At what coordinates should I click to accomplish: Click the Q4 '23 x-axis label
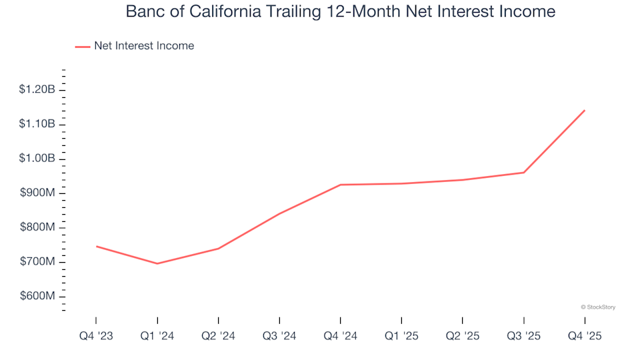[x=95, y=337]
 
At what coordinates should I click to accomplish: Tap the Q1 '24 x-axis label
[x=157, y=337]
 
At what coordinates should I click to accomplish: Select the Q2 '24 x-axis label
[x=218, y=337]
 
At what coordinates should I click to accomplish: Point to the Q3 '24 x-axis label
[x=279, y=337]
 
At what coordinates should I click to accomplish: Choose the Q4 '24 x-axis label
[x=340, y=337]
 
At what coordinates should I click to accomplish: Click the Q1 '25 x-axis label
[x=401, y=337]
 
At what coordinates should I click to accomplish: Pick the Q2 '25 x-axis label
[x=463, y=337]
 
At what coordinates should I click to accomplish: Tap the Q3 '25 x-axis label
[x=524, y=337]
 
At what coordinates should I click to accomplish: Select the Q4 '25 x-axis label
[x=585, y=337]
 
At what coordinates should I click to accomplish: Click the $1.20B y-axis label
[x=37, y=90]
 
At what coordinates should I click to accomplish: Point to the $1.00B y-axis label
[x=37, y=159]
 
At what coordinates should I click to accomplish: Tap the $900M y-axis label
[x=39, y=193]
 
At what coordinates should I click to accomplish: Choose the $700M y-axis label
[x=39, y=262]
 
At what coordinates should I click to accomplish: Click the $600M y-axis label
[x=39, y=296]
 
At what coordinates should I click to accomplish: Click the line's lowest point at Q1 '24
[x=157, y=263]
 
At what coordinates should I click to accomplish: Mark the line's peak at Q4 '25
[x=585, y=111]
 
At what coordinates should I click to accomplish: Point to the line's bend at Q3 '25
[x=524, y=173]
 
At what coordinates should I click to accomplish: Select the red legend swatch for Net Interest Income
[x=83, y=47]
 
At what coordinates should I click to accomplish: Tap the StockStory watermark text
[x=598, y=307]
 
